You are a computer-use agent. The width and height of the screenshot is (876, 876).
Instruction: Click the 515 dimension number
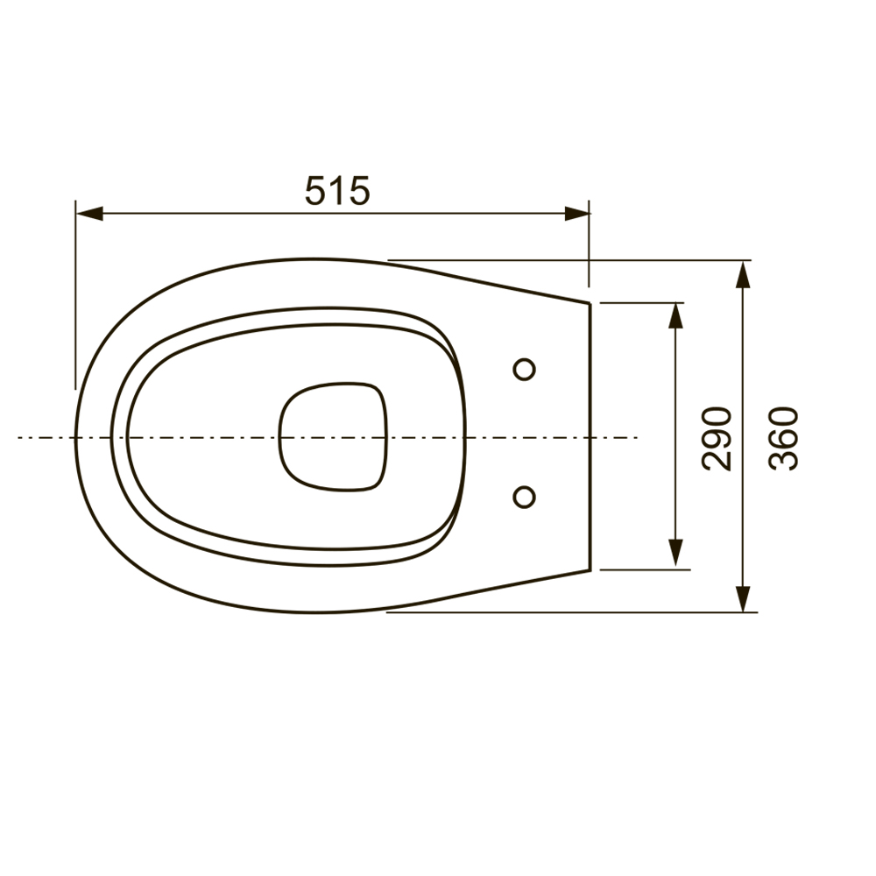tap(337, 190)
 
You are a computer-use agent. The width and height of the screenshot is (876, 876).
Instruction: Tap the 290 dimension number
tap(717, 439)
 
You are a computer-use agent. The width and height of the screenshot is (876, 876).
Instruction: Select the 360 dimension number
tap(783, 439)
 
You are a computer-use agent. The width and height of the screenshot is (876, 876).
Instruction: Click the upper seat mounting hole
tap(524, 370)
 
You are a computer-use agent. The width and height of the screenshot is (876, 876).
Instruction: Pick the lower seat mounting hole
tap(524, 497)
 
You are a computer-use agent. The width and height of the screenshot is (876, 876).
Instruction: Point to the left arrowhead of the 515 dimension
tap(89, 214)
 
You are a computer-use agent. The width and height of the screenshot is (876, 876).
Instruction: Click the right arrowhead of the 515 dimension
tap(577, 214)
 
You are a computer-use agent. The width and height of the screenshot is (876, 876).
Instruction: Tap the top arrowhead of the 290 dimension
tap(676, 315)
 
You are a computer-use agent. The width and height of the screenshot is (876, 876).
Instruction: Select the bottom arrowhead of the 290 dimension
tap(676, 554)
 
